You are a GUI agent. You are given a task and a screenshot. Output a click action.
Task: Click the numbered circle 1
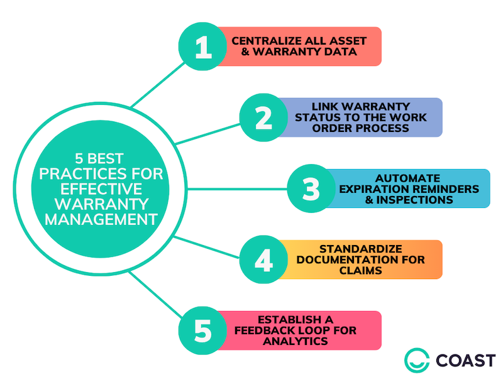coord(202,46)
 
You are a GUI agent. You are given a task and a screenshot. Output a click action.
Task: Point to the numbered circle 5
coord(202,330)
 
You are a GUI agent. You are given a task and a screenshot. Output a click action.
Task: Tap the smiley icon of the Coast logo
coord(416,360)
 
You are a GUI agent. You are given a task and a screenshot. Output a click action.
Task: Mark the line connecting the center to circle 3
coord(236,188)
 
